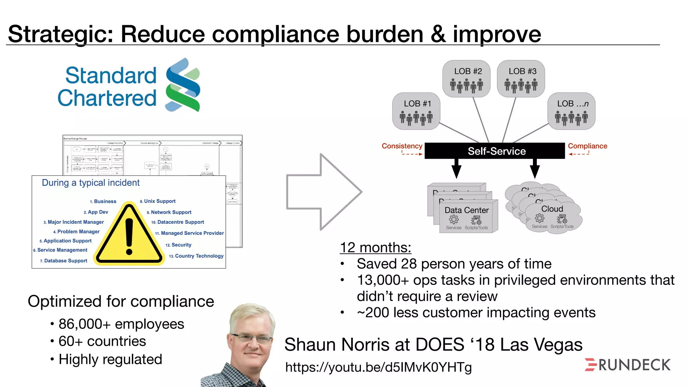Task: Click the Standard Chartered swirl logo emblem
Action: point(183,85)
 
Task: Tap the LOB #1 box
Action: point(416,111)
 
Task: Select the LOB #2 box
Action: point(466,79)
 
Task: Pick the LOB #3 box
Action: point(521,79)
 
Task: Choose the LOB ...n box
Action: point(572,111)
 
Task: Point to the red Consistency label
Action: point(402,146)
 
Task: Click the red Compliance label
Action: point(587,146)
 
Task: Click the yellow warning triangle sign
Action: point(129,235)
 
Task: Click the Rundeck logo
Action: point(628,365)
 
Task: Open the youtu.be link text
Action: point(378,368)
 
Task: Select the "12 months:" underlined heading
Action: point(375,248)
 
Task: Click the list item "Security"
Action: point(181,245)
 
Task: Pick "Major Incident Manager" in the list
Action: point(75,222)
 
